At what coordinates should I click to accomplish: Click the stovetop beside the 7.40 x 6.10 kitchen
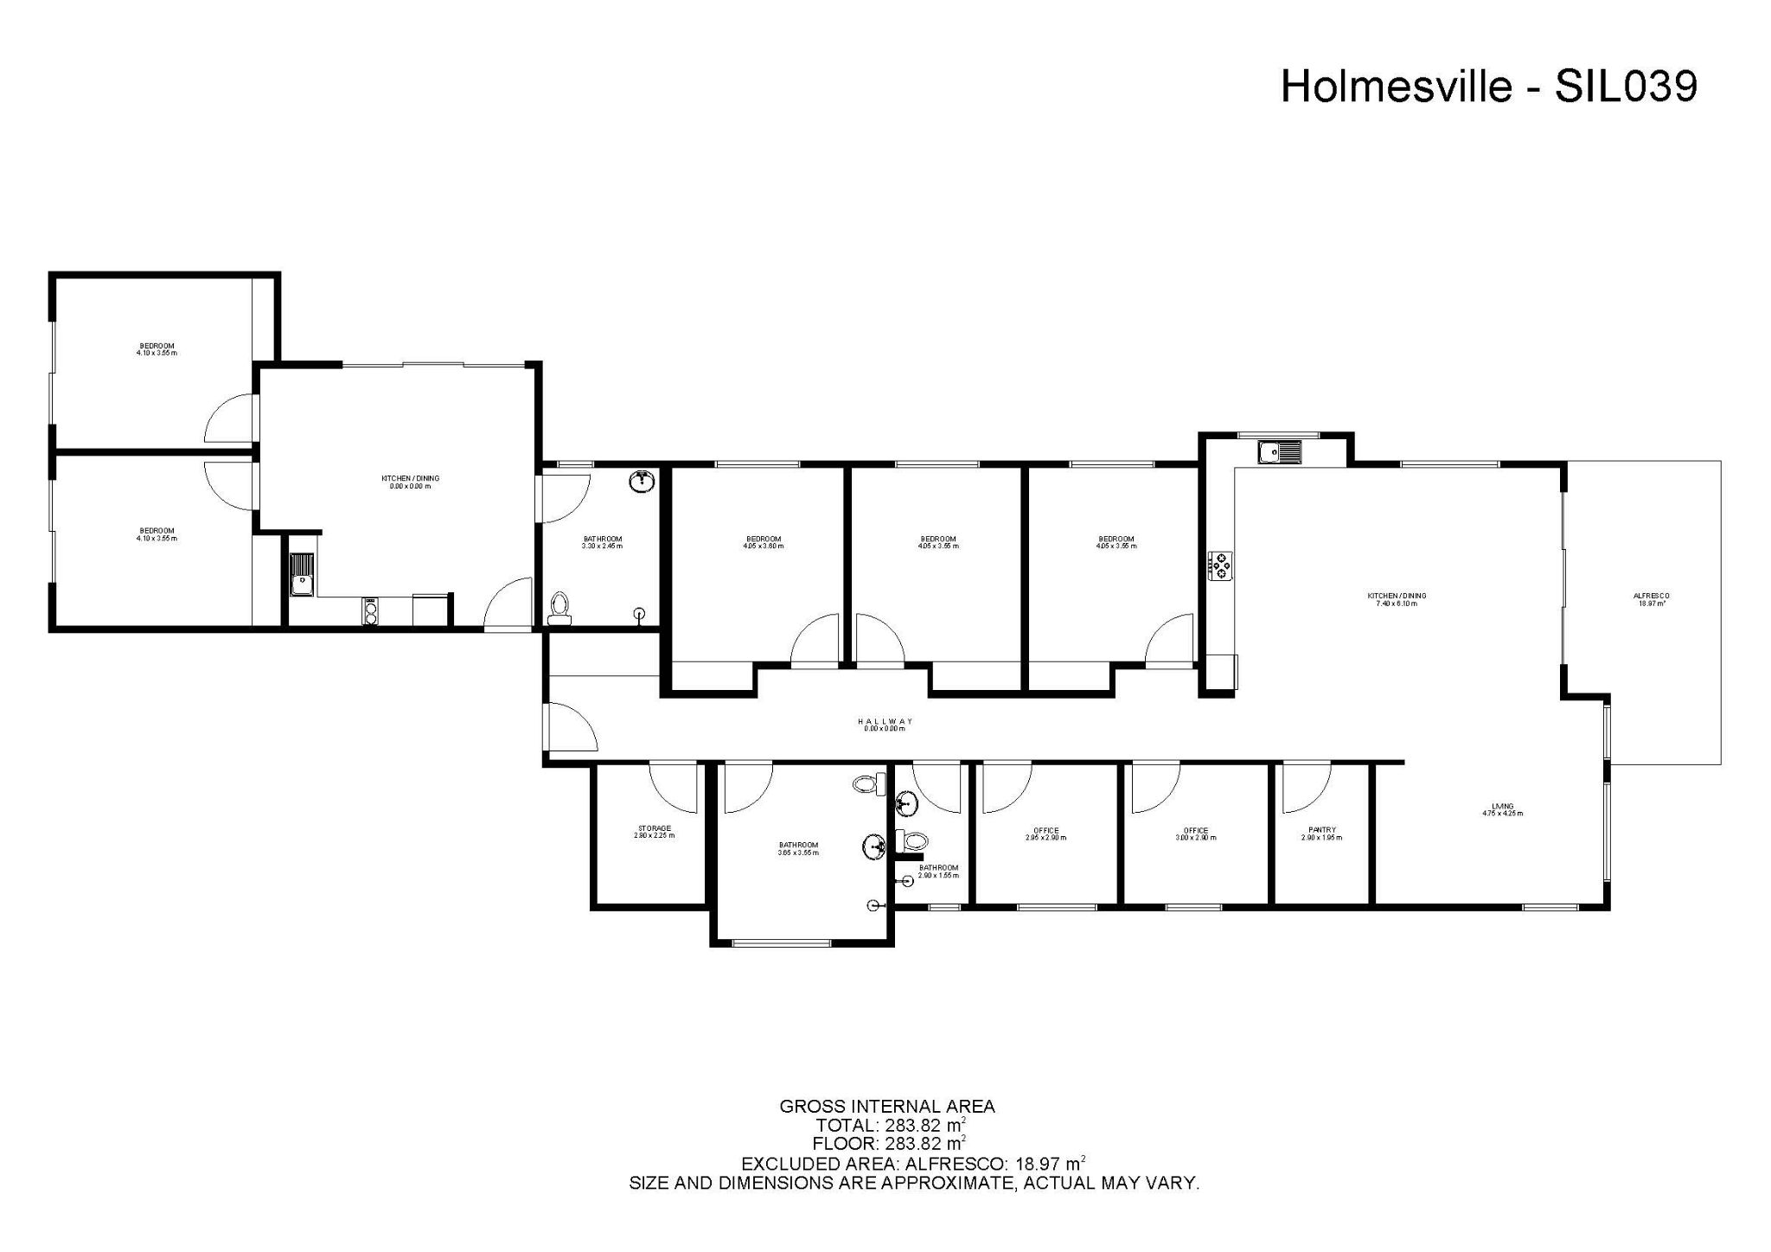(x=1221, y=565)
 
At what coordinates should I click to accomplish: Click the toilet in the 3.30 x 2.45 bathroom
(x=559, y=608)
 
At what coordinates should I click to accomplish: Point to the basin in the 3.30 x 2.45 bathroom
(x=641, y=482)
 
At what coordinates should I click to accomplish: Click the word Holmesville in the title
(x=1396, y=86)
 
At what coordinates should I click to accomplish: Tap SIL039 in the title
(x=1626, y=86)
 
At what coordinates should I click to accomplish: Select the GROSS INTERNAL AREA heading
(x=887, y=1106)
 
